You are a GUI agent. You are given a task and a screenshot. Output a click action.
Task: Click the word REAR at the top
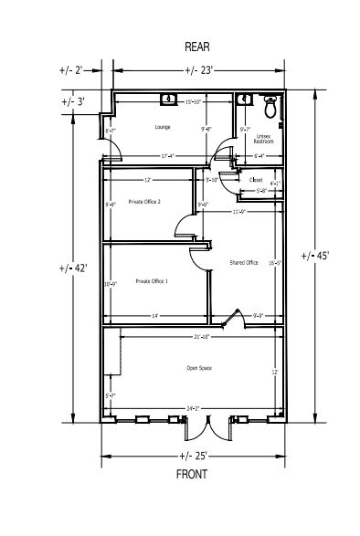pyautogui.click(x=198, y=46)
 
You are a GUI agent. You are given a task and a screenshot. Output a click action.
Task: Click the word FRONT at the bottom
pyautogui.click(x=191, y=474)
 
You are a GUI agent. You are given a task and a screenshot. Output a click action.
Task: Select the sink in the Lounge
pyautogui.click(x=168, y=98)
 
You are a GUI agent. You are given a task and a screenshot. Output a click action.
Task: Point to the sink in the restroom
pyautogui.click(x=243, y=99)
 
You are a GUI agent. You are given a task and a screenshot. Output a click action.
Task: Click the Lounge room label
pyautogui.click(x=164, y=127)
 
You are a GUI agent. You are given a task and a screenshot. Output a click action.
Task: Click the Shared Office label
pyautogui.click(x=242, y=262)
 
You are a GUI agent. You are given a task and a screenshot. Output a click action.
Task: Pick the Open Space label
pyautogui.click(x=199, y=369)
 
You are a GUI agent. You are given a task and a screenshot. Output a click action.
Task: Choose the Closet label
pyautogui.click(x=256, y=180)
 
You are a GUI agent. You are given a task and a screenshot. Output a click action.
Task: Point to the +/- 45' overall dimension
pyautogui.click(x=319, y=256)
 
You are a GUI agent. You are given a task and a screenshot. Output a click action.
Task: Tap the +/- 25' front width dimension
pyautogui.click(x=195, y=455)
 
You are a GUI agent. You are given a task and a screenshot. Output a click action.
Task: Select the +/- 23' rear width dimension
pyautogui.click(x=199, y=70)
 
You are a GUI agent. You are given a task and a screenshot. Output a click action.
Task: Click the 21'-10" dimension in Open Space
pyautogui.click(x=203, y=337)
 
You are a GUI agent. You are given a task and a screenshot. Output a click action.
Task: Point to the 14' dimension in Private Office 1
pyautogui.click(x=155, y=316)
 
